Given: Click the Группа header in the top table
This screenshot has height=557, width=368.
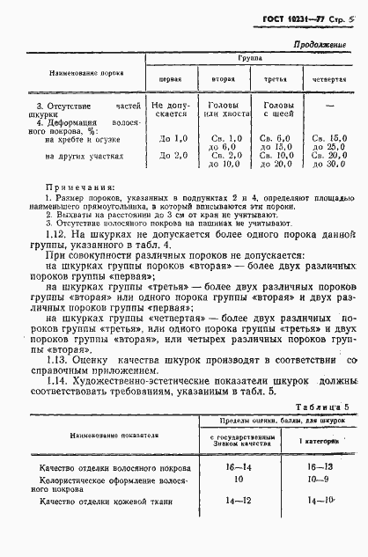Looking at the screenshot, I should (252, 56).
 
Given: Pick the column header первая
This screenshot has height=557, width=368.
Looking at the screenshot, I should (170, 78).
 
